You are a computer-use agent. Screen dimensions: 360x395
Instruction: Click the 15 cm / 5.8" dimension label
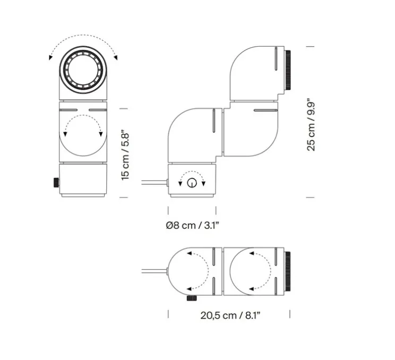point(125,154)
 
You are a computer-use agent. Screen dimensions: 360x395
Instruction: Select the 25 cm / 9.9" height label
point(312,124)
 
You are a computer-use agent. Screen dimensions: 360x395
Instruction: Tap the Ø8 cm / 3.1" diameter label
point(192,225)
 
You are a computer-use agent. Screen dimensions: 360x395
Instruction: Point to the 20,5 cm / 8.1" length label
point(230,315)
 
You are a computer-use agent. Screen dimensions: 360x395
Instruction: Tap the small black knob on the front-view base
point(55,183)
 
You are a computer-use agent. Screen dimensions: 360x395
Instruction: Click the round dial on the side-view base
point(192,183)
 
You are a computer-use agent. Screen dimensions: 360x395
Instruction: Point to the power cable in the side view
point(154,183)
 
